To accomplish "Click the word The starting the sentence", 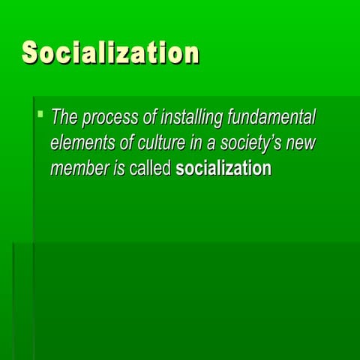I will click(64, 118).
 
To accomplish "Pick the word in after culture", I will click(192, 143).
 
